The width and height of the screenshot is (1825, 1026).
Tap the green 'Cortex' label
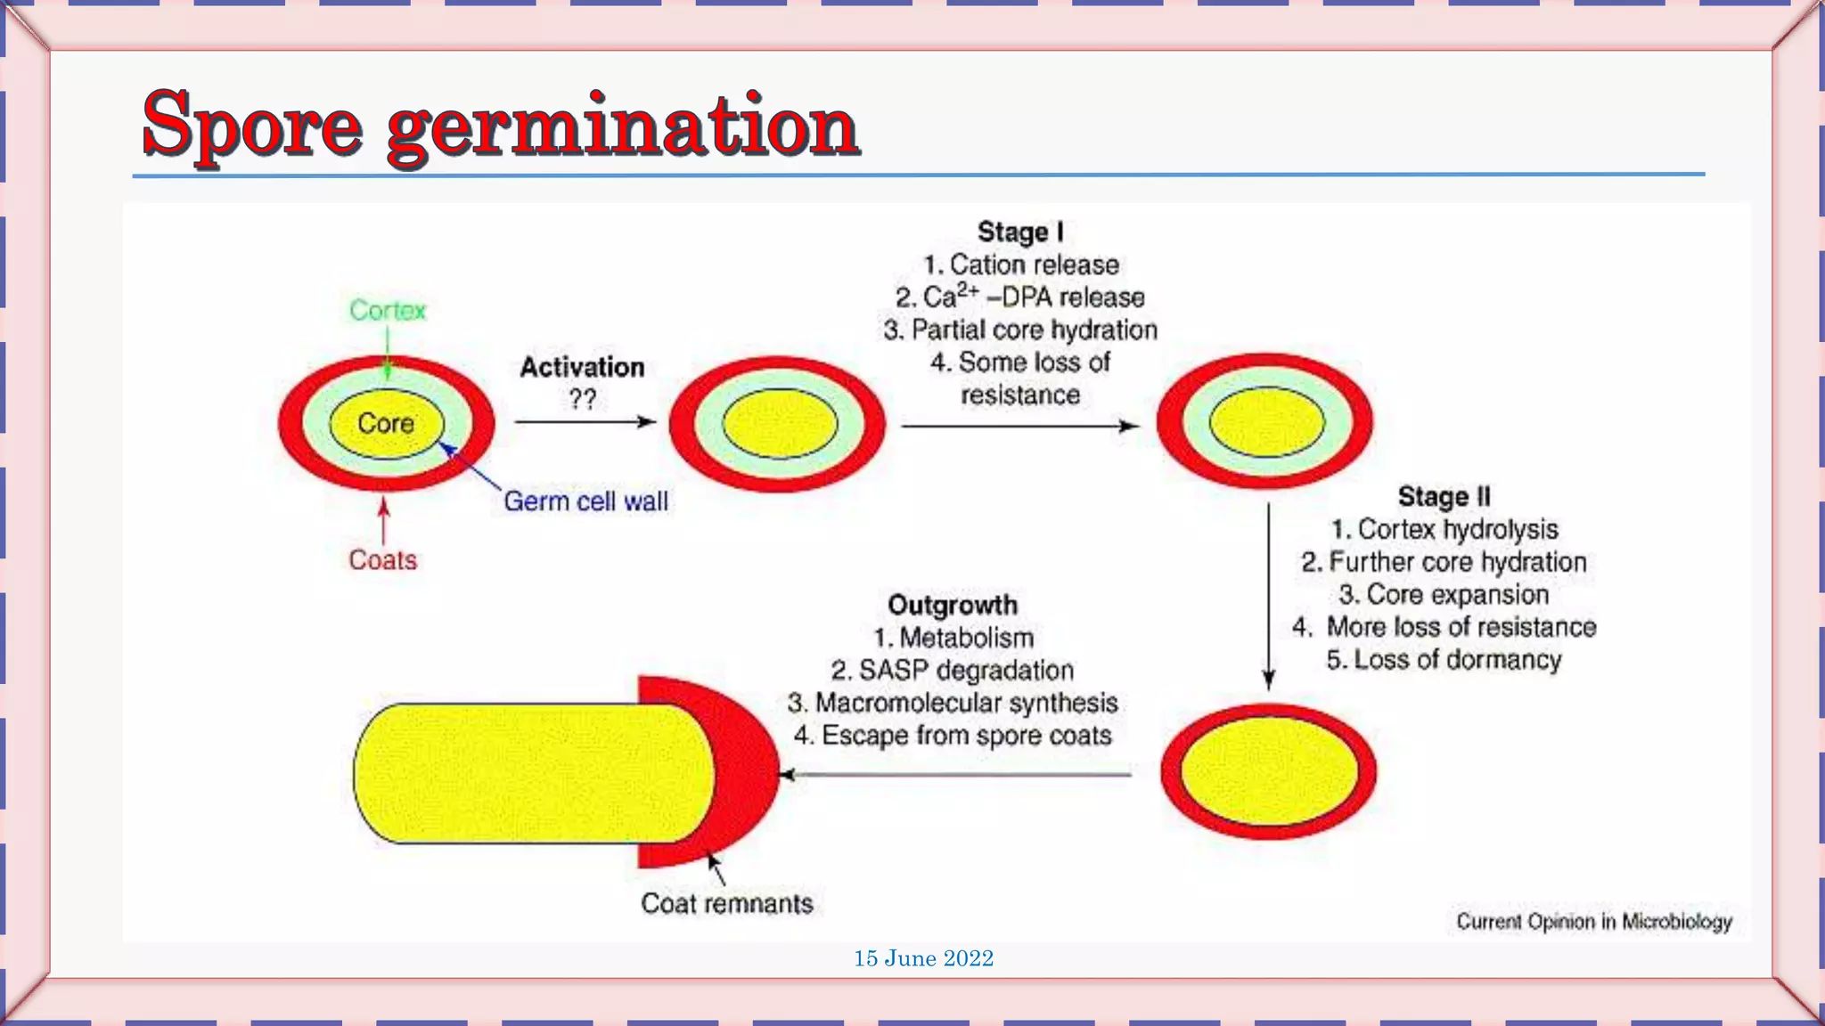tap(388, 310)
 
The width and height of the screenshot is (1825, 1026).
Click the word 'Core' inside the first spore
tap(386, 423)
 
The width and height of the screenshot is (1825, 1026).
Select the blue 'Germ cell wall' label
tap(585, 501)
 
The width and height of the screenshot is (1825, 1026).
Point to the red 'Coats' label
tap(382, 560)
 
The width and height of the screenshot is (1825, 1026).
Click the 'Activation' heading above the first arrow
tap(582, 367)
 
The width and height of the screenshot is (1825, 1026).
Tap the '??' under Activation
tap(582, 398)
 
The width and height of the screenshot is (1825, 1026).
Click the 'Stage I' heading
tap(1020, 232)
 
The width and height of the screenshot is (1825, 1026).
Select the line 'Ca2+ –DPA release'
tap(1020, 297)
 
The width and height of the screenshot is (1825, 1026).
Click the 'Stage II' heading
tap(1444, 496)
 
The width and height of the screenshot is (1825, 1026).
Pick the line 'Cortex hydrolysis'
tap(1444, 529)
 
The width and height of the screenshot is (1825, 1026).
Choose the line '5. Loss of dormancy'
tap(1444, 659)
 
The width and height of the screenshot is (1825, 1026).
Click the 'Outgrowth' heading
tap(953, 605)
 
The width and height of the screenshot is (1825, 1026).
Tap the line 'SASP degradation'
tap(953, 670)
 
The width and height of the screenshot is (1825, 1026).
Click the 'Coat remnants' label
tap(727, 903)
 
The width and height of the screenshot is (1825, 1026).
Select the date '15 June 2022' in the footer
tap(923, 958)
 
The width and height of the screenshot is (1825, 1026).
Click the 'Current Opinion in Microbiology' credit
tap(1594, 921)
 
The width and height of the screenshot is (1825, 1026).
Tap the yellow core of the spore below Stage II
tap(1268, 771)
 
